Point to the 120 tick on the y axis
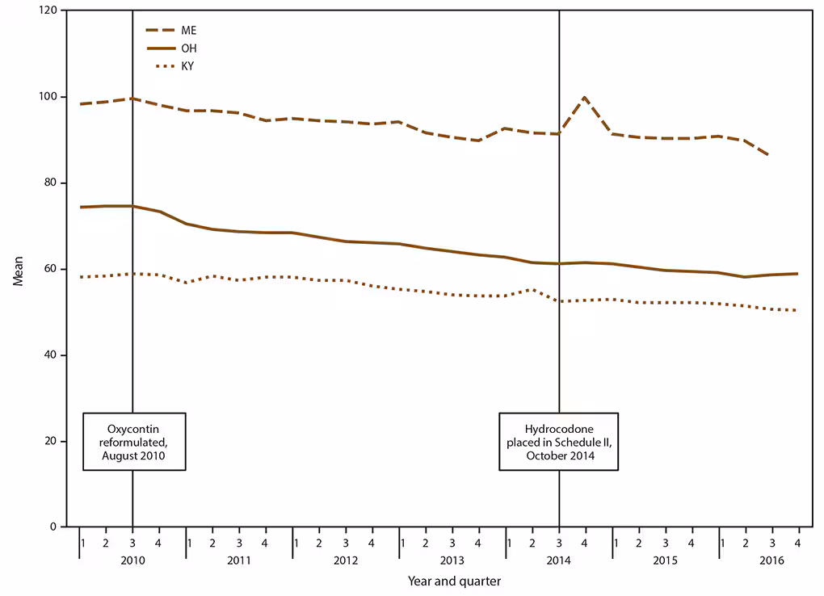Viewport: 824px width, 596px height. tap(51, 10)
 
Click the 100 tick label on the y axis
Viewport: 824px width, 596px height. tap(51, 97)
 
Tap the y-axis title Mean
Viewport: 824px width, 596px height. tap(18, 270)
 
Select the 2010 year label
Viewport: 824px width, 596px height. tap(132, 560)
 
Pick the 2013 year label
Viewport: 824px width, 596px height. tap(452, 560)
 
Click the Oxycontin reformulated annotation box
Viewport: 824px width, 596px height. tap(134, 442)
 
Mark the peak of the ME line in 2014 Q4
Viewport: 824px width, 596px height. tap(585, 97)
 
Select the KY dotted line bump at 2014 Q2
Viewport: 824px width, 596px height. tap(532, 289)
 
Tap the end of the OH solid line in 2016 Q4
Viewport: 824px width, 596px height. tap(798, 274)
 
